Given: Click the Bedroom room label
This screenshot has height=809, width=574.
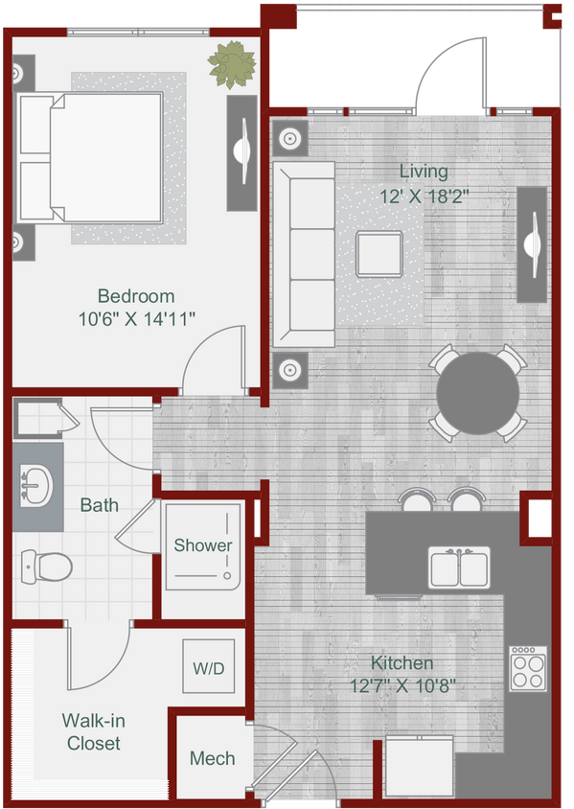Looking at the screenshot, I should pos(136,296).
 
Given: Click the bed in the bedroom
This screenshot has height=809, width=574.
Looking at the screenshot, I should pos(91,155).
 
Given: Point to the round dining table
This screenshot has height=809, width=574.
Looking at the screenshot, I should pos(478,393).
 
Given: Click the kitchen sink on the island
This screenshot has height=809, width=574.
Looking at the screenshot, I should pos(459,567).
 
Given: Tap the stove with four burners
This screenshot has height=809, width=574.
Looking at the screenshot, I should pos(526,667).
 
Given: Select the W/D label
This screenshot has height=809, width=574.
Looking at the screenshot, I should pos(208,668).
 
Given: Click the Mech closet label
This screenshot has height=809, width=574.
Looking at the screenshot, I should pos(212,758).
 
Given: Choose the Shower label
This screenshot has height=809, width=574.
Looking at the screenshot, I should pos(202,545).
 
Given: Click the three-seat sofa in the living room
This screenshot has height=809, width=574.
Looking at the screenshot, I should pos(304,253).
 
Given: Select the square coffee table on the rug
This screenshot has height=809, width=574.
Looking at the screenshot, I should pos(379,254).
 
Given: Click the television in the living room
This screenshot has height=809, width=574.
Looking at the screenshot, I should pos(532,244).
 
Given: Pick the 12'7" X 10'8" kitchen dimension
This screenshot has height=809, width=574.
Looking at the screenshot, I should pos(402,685).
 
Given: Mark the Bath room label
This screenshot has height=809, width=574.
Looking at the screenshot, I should pos(100,504).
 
